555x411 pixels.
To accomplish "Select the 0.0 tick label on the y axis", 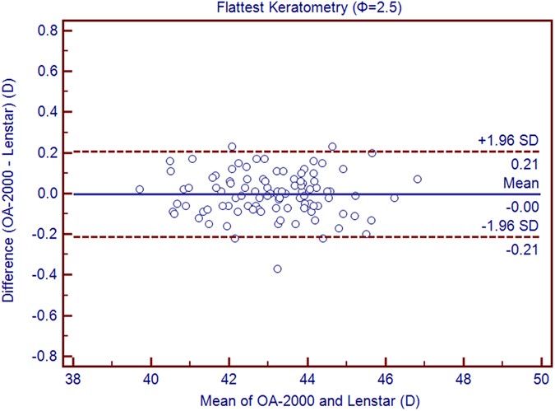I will coord(54,194).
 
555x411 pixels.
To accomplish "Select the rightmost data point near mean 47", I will coord(417,179).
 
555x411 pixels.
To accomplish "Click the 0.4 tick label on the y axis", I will coord(54,112).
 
